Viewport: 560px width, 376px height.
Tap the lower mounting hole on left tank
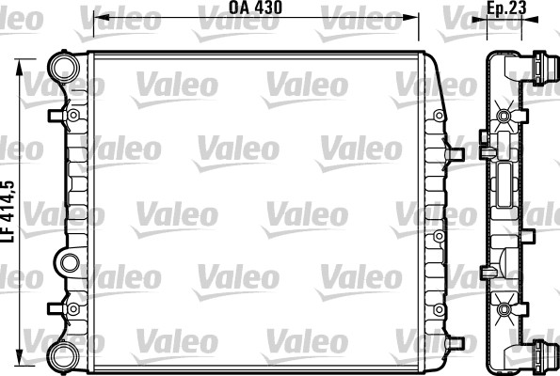tap(72, 305)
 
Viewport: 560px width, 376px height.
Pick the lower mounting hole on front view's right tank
tap(439, 305)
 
